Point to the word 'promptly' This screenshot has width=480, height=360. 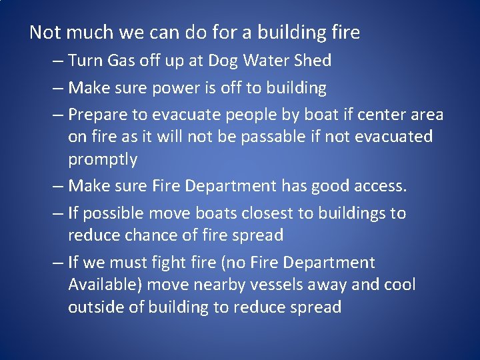pyautogui.click(x=103, y=160)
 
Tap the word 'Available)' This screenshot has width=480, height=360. pyautogui.click(x=105, y=285)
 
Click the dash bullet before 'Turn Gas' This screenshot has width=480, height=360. pyautogui.click(x=56, y=61)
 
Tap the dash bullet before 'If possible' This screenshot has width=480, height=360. pyautogui.click(x=56, y=213)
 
